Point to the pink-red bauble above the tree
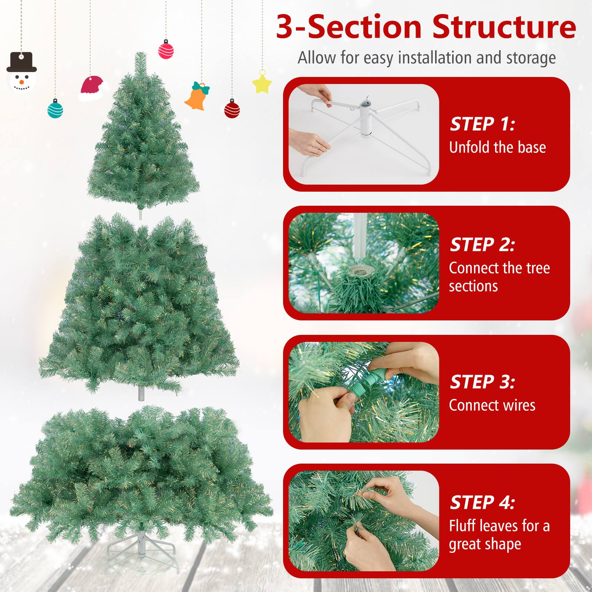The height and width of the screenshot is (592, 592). pyautogui.click(x=166, y=49)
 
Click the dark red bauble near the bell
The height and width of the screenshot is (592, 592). pyautogui.click(x=232, y=108)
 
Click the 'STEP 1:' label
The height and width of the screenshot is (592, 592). pyautogui.click(x=482, y=124)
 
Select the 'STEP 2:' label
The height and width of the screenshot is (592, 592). pyautogui.click(x=482, y=245)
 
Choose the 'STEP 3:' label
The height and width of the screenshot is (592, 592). pyautogui.click(x=482, y=382)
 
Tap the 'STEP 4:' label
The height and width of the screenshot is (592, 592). pyautogui.click(x=482, y=502)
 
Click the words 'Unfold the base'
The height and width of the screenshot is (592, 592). pyautogui.click(x=498, y=147)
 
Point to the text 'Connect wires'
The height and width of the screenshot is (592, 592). pyautogui.click(x=492, y=405)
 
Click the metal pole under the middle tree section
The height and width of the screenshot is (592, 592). pyautogui.click(x=141, y=394)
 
